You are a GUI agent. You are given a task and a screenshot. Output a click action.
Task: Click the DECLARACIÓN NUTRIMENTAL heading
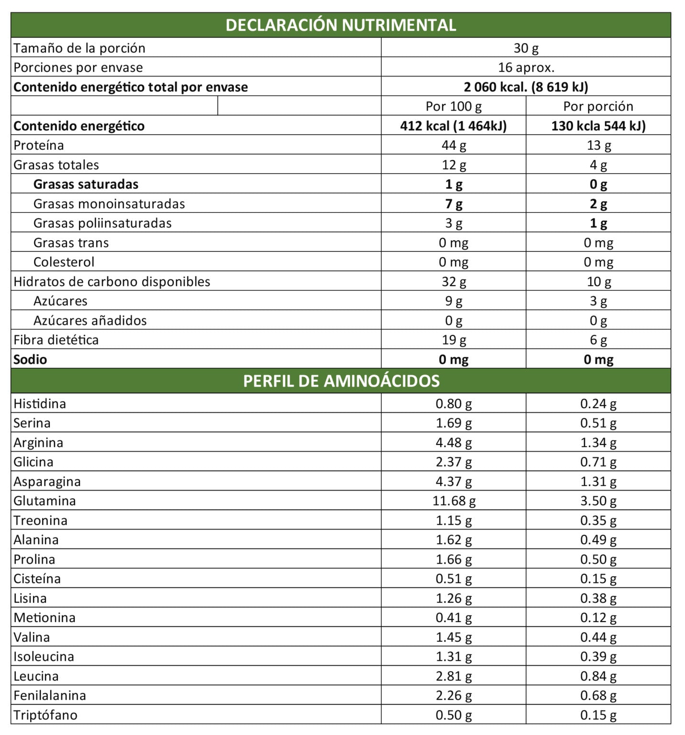[x=341, y=25]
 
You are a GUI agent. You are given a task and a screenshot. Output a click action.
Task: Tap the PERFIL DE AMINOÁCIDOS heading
[x=341, y=381]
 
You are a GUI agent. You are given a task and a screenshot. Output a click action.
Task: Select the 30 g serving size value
[x=526, y=48]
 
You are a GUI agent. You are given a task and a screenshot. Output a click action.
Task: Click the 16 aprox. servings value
[x=526, y=67]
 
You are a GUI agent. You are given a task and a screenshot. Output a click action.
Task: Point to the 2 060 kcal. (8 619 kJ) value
[x=526, y=87]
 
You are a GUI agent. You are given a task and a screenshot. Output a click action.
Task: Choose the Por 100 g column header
[x=453, y=106]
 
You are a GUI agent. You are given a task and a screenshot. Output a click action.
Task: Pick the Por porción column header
[x=598, y=106]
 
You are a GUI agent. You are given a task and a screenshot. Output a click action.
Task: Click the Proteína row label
[x=39, y=145]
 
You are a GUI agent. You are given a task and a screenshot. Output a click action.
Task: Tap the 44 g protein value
[x=453, y=145]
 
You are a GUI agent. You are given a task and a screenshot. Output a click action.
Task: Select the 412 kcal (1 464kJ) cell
[x=453, y=126]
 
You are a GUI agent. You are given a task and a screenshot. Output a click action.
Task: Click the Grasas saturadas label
[x=86, y=184]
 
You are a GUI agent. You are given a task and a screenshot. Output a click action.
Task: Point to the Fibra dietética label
[x=56, y=340]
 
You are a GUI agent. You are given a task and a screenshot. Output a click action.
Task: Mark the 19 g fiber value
[x=453, y=340]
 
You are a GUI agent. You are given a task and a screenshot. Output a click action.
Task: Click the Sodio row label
[x=30, y=359]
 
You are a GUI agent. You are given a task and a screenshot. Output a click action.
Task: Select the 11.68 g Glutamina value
[x=453, y=501]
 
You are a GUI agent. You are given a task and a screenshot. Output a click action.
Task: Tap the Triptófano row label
[x=46, y=715]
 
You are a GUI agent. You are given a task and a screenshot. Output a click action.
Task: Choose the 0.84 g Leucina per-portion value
[x=598, y=676]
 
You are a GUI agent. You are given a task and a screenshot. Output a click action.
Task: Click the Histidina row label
[x=40, y=404]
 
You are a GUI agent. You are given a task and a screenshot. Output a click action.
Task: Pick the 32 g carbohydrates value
[x=453, y=282]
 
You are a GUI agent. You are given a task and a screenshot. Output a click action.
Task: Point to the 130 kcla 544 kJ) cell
[x=598, y=126]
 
